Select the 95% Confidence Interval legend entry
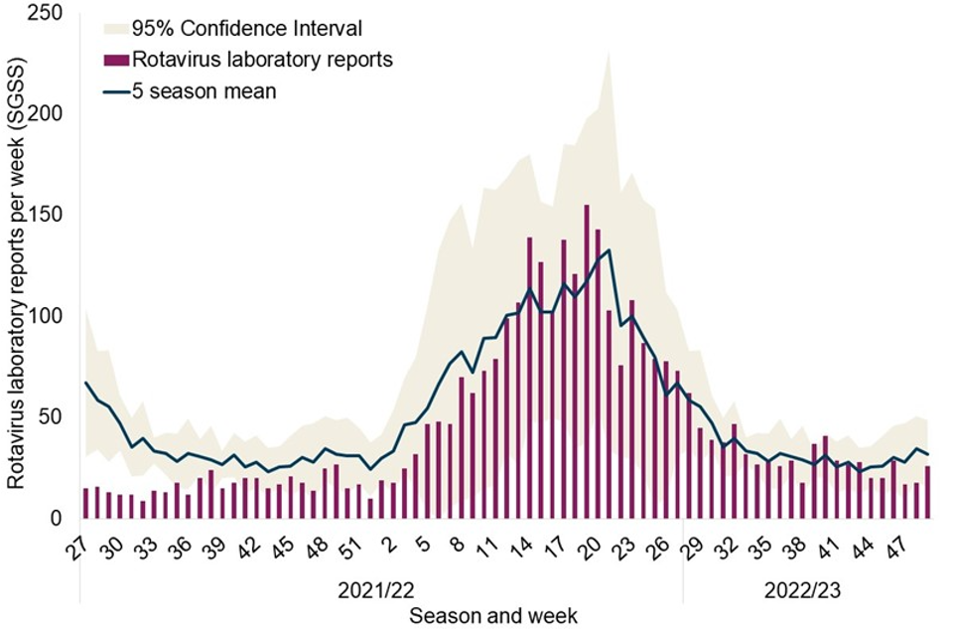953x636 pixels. [x=246, y=28]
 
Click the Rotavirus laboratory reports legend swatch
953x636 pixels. [x=116, y=60]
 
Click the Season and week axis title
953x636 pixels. [x=493, y=616]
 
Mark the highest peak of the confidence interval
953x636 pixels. [x=608, y=52]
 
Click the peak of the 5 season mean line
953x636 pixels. [x=608, y=249]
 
